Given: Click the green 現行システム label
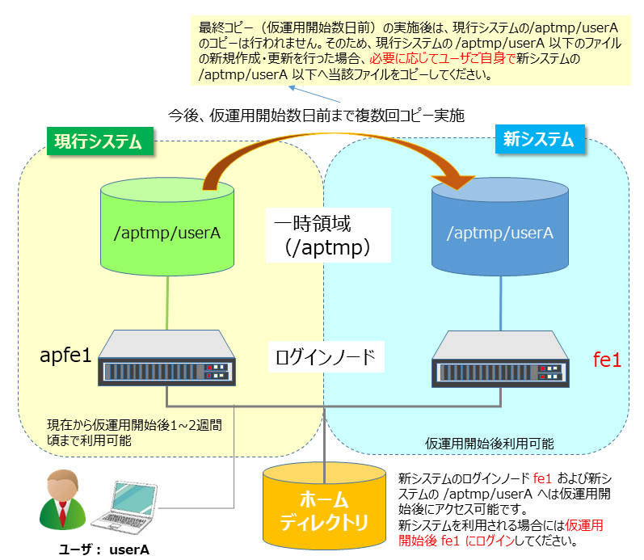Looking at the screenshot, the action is (x=100, y=141).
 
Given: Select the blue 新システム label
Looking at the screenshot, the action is (x=540, y=139).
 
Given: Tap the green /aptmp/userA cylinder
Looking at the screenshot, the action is (x=167, y=227).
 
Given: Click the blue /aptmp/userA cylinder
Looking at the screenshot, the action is (x=500, y=227).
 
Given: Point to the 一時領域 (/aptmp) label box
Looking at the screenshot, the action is (x=328, y=235).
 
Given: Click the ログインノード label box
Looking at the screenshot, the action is (x=326, y=356).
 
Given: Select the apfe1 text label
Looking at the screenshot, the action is (x=65, y=355).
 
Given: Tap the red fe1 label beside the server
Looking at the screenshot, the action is (x=607, y=360).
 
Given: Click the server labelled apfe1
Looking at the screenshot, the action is (x=166, y=358).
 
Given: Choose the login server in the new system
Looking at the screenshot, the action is (x=500, y=359).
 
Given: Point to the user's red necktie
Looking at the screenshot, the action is (x=62, y=514).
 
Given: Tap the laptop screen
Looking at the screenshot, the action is (x=134, y=499).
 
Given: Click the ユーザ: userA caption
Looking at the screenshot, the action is (x=104, y=549).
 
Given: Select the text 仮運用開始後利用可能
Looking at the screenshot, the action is (x=489, y=444).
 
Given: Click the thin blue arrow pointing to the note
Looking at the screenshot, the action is (x=314, y=94).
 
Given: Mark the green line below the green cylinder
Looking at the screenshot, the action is (x=167, y=303).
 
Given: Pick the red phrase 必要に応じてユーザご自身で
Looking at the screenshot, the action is (x=442, y=59).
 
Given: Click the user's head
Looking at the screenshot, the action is (x=62, y=485).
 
